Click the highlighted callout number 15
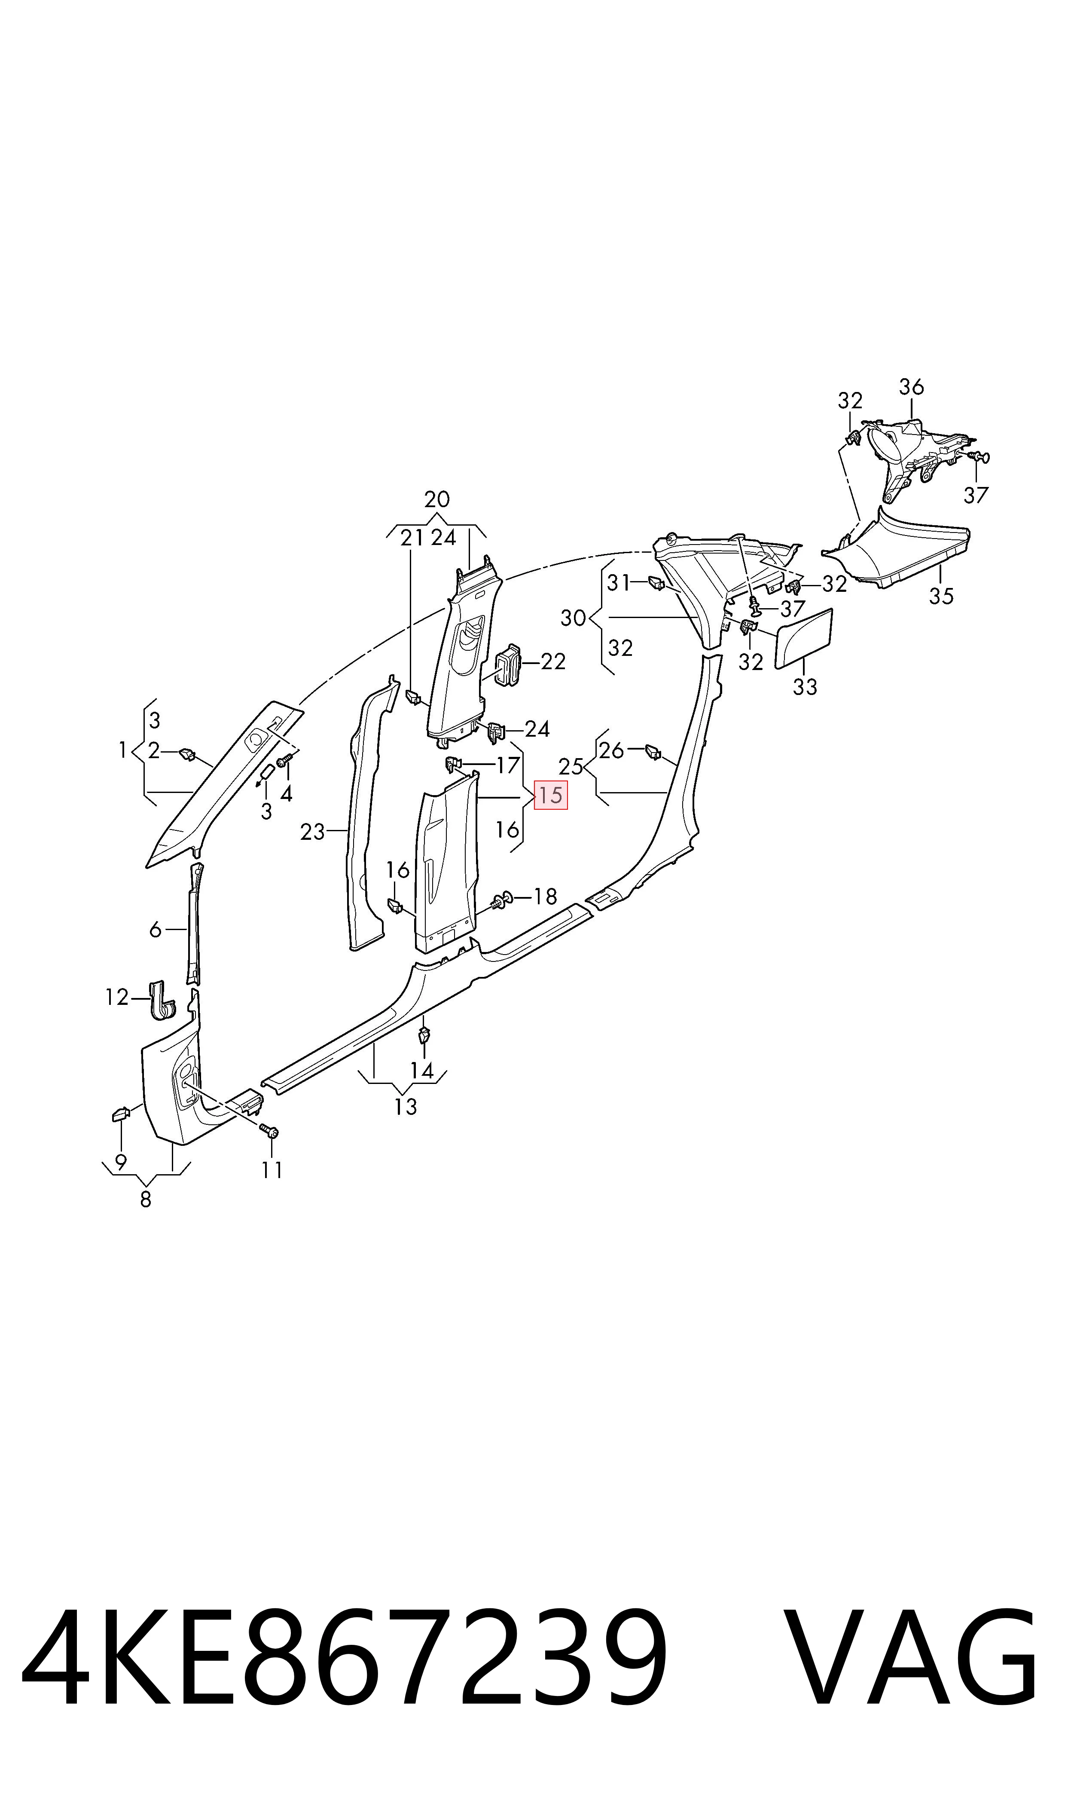(x=550, y=796)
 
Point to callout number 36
(x=912, y=387)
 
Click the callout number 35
(x=941, y=596)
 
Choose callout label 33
(x=805, y=687)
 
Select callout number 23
(x=313, y=832)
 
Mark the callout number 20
(x=437, y=499)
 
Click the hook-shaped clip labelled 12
(x=162, y=1000)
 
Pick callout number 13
(x=406, y=1107)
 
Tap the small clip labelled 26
(x=653, y=752)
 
